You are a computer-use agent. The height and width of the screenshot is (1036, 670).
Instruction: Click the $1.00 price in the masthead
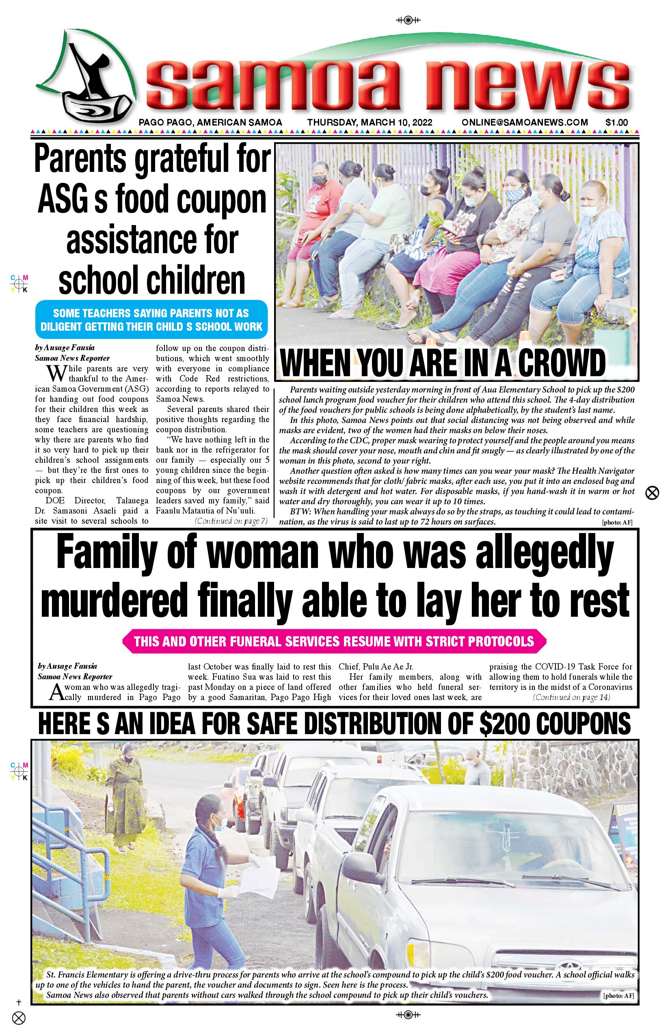(x=616, y=123)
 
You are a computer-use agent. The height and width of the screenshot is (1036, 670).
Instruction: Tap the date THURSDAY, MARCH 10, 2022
(x=370, y=123)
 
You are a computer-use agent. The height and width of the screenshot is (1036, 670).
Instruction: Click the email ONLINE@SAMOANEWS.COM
(x=524, y=123)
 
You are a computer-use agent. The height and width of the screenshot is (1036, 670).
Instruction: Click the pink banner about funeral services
(x=334, y=641)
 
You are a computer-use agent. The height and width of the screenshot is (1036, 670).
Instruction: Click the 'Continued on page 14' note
(x=571, y=697)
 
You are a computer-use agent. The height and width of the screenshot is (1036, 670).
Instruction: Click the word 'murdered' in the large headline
(x=115, y=600)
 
